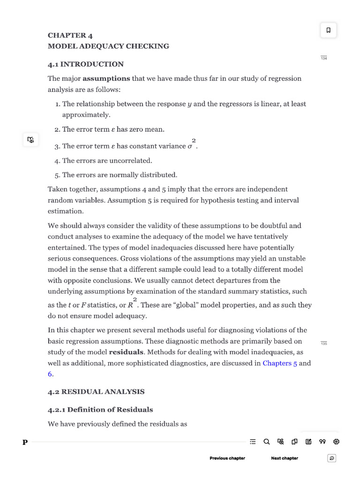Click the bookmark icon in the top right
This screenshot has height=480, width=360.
tap(328, 30)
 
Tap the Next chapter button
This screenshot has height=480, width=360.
tap(284, 458)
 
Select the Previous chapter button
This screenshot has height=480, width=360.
tap(227, 458)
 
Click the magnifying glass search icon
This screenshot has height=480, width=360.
tap(266, 442)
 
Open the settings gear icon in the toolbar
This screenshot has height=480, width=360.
tap(336, 442)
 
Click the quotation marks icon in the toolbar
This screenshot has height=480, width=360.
tap(322, 442)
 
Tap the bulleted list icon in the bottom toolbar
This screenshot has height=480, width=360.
tap(253, 442)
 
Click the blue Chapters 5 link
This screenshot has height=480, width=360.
tap(280, 363)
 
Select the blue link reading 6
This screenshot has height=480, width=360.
tap(50, 374)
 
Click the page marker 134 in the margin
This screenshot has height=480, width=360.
tap(323, 58)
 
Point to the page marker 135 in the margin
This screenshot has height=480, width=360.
tap(323, 344)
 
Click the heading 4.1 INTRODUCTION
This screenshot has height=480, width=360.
tap(86, 64)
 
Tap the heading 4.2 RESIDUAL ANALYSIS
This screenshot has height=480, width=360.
tap(96, 391)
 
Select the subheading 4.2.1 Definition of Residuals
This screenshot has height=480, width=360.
tap(100, 410)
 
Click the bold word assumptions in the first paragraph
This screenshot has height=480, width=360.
tap(106, 79)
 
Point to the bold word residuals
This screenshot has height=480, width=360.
tap(126, 352)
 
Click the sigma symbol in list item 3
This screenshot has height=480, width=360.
tap(190, 146)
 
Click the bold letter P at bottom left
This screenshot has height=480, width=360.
tap(25, 442)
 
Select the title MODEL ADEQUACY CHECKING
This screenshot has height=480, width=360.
tap(108, 46)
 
